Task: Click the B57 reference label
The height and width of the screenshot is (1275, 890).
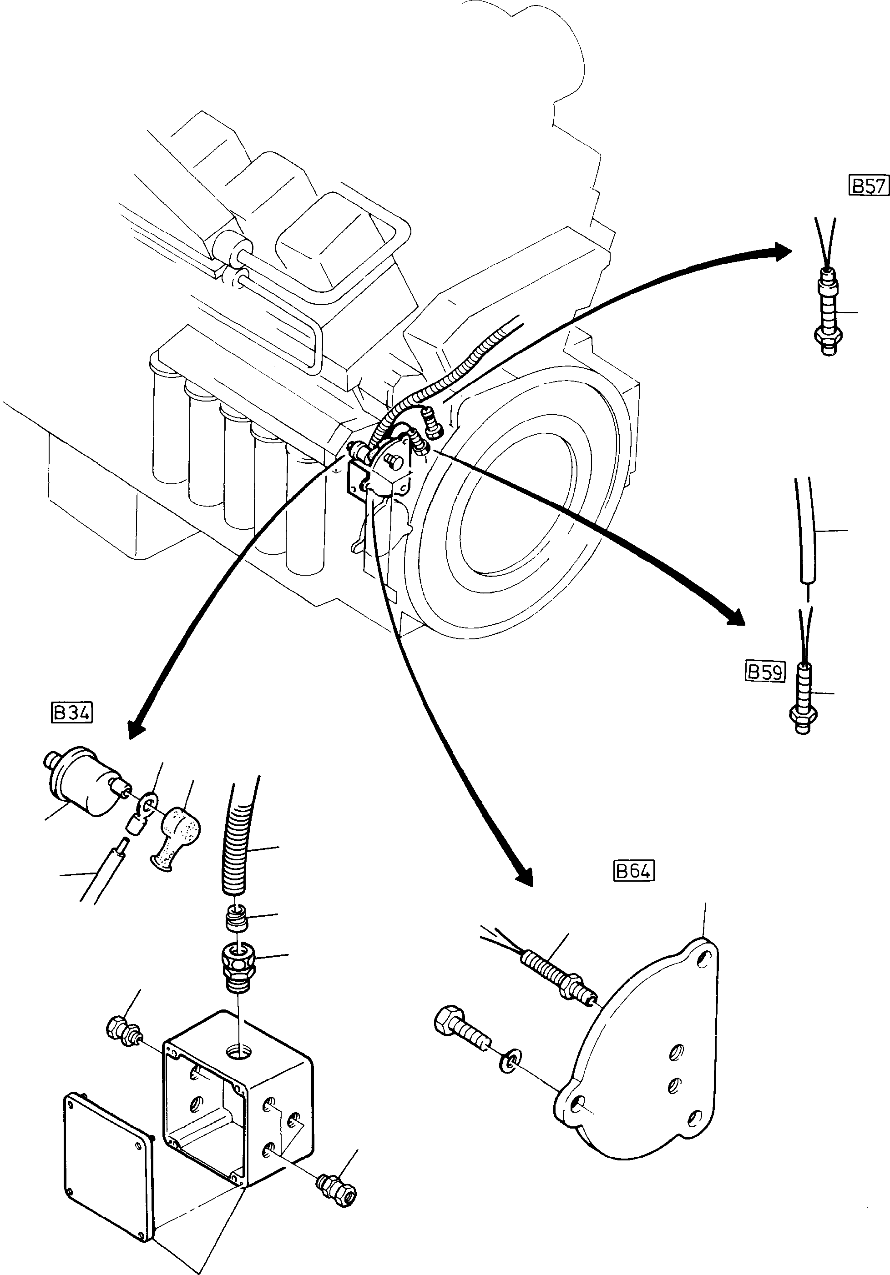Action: [869, 185]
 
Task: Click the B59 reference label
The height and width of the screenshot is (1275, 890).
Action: [764, 672]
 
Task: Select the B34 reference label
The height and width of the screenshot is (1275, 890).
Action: [72, 713]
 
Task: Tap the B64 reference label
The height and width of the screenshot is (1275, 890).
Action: [634, 871]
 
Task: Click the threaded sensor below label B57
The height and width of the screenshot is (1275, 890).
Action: [827, 311]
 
